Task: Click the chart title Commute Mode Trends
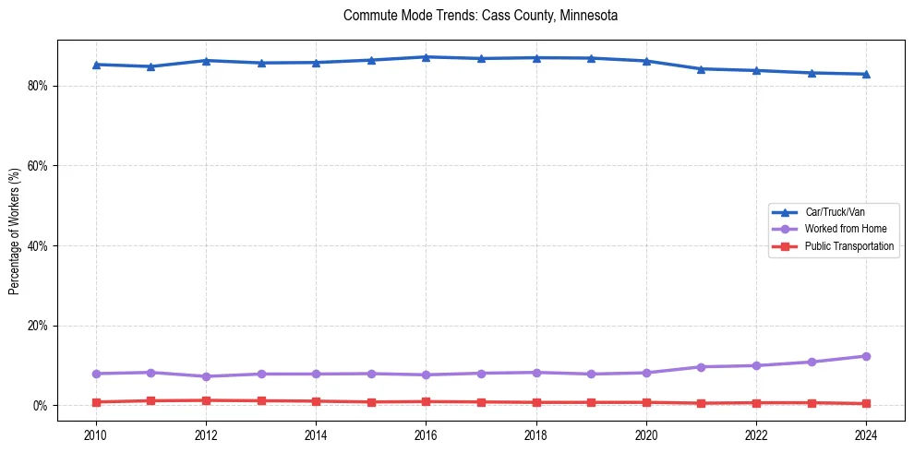(480, 16)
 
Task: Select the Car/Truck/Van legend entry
(835, 212)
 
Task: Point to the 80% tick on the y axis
(41, 86)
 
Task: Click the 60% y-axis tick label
(41, 166)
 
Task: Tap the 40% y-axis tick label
(41, 246)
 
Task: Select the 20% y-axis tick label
(41, 326)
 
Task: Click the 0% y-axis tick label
(43, 406)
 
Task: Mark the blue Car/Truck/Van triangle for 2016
(426, 57)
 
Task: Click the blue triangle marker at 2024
(866, 74)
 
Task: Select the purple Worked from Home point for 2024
(866, 356)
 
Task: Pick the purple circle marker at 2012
(206, 376)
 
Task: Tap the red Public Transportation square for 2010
(96, 402)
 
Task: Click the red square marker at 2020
(646, 402)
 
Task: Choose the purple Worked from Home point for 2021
(701, 367)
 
